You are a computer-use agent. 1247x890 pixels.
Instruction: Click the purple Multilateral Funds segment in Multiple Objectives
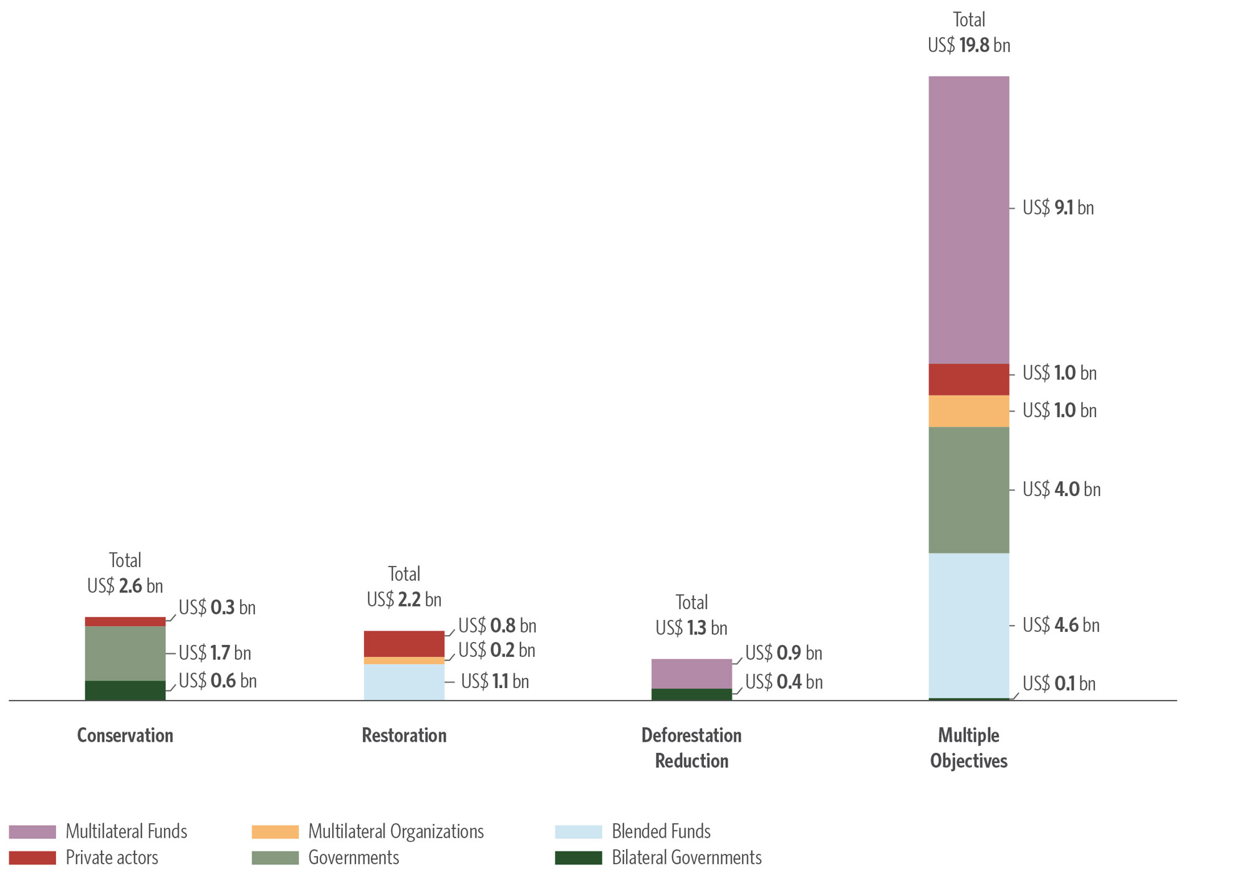click(x=968, y=219)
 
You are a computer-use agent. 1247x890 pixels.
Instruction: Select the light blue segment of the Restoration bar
click(x=404, y=682)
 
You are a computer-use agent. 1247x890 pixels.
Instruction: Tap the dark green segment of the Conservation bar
click(x=125, y=691)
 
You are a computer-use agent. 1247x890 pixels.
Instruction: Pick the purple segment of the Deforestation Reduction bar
click(x=691, y=674)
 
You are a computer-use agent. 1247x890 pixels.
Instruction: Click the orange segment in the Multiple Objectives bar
click(x=968, y=411)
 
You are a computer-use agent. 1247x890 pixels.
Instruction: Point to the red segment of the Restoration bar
click(x=404, y=644)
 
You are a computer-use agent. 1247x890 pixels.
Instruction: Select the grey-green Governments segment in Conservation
click(x=125, y=653)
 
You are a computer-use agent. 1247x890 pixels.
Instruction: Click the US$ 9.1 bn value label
click(x=1058, y=208)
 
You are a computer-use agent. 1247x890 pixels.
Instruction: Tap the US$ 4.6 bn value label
click(x=1061, y=625)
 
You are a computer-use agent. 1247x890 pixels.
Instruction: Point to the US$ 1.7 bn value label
click(x=214, y=653)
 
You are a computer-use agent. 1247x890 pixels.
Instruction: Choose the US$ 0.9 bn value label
click(x=784, y=653)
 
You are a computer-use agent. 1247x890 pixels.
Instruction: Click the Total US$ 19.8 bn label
click(x=968, y=33)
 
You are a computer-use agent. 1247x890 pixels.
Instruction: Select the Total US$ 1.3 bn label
click(x=691, y=615)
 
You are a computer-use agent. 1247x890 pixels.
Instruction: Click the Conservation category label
click(x=125, y=735)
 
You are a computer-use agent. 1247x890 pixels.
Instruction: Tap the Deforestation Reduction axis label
click(x=691, y=748)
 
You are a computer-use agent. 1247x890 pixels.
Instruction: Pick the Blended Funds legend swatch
click(x=578, y=832)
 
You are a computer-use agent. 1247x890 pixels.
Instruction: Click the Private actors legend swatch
click(x=32, y=858)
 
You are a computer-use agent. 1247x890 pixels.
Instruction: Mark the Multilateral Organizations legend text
click(x=396, y=832)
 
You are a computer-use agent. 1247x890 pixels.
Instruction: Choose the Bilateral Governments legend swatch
click(x=578, y=858)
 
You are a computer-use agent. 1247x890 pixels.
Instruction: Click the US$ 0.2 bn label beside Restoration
click(x=496, y=651)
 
